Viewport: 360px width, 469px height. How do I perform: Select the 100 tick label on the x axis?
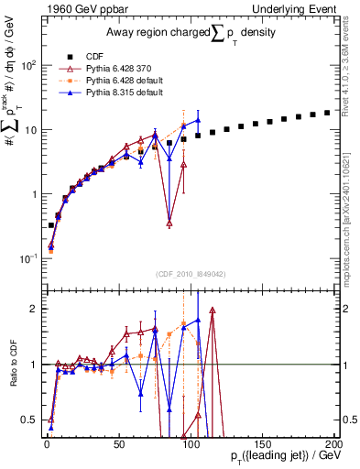pyautogui.click(x=191, y=442)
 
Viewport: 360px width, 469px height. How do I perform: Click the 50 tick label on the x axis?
pyautogui.click(x=119, y=442)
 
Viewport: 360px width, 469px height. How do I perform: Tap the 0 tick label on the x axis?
pyautogui.click(x=47, y=442)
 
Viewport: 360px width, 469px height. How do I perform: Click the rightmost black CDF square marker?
pyautogui.click(x=327, y=113)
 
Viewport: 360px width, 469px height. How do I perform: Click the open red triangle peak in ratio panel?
pyautogui.click(x=213, y=311)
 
